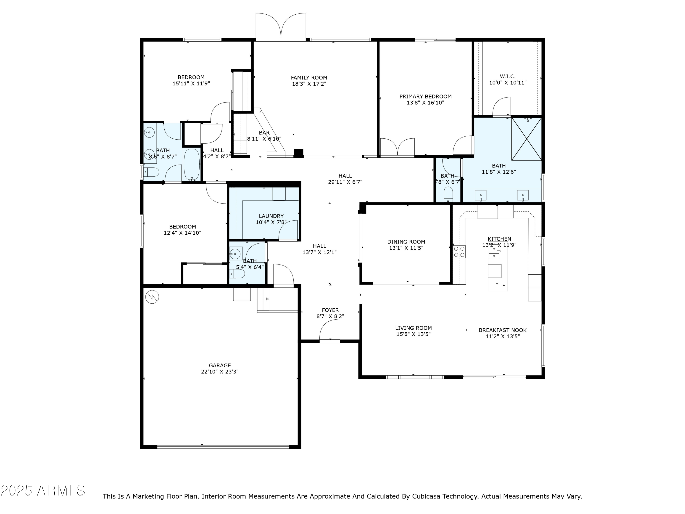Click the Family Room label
point(309,78)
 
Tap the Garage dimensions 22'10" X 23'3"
point(220,371)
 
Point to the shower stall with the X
point(527,138)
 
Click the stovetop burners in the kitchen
point(459,252)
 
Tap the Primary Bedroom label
point(425,97)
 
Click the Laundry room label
point(271,216)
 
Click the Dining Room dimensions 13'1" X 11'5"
point(406,248)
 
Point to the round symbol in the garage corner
point(152,297)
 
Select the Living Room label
point(413,328)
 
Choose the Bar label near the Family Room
point(264,132)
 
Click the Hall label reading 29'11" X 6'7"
point(345,182)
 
